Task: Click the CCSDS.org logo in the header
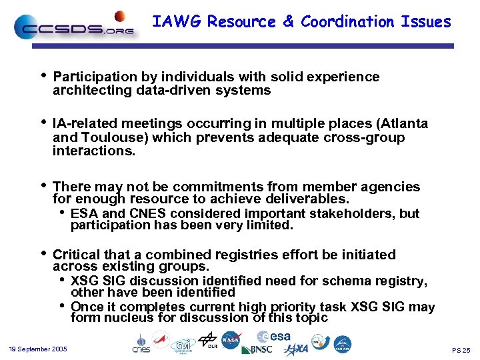74,27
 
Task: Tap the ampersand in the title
288,22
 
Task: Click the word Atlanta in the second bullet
404,124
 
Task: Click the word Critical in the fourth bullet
76,255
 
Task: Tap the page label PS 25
461,350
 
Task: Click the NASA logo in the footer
231,340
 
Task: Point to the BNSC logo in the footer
257,349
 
